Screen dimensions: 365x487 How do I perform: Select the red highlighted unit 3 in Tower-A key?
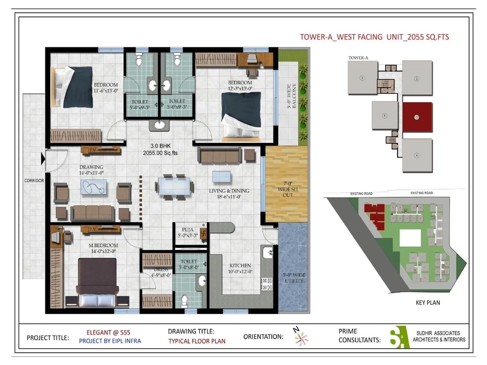click(417, 117)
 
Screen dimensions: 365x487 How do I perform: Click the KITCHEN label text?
click(240, 266)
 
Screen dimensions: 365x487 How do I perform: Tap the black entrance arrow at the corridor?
click(43, 159)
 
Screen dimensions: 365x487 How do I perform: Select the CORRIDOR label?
click(34, 180)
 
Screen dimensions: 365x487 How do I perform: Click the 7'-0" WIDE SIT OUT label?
click(288, 189)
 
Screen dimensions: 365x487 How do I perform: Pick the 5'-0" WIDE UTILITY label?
click(294, 278)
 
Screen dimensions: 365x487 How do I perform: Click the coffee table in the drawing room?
click(93, 187)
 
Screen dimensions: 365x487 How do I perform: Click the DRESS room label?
click(161, 269)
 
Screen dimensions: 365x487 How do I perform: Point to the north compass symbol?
click(301, 337)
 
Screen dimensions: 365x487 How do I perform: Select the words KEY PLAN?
click(428, 303)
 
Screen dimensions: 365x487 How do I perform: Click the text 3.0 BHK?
click(160, 146)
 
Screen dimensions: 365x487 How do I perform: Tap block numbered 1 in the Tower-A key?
click(362, 78)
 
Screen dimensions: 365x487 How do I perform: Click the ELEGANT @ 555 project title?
click(108, 332)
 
